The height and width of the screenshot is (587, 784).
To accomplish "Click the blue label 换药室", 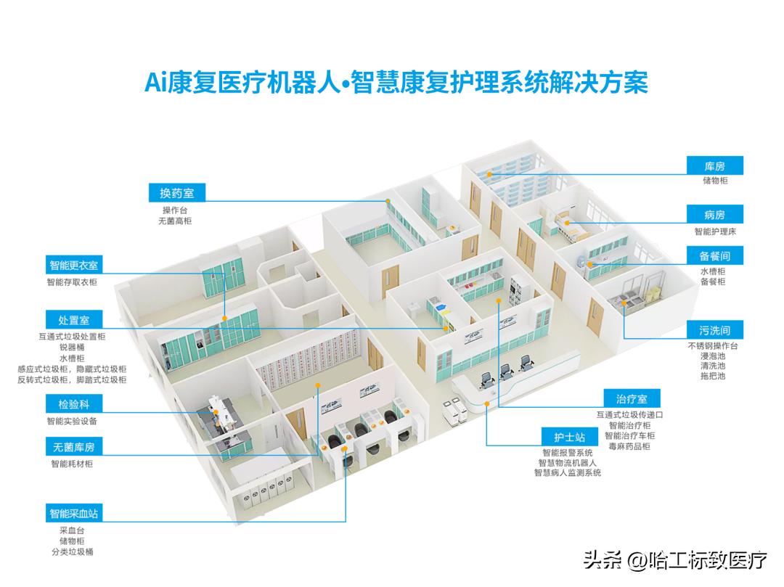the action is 172,192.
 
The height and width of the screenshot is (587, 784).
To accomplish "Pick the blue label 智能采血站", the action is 74,513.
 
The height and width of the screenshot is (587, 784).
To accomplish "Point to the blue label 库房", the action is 714,166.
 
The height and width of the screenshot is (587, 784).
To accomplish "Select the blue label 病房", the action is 714,215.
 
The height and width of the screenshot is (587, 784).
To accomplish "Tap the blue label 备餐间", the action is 714,256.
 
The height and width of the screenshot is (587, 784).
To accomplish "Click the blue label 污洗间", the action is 714,331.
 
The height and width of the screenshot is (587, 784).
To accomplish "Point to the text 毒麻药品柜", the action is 630,446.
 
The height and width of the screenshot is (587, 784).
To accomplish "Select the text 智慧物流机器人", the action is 567,462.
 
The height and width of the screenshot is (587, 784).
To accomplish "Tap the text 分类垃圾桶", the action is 76,552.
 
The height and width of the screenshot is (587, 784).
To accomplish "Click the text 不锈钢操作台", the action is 713,346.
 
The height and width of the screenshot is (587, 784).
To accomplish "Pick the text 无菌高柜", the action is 173,220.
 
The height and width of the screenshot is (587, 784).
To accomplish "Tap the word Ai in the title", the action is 155,82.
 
